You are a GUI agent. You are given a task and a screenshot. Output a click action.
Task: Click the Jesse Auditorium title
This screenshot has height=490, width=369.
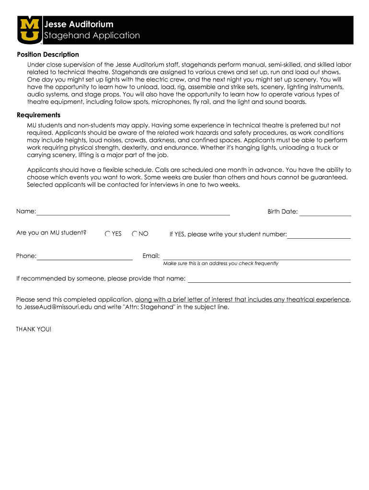79,24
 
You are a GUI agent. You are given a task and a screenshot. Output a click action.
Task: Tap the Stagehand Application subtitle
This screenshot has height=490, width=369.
92,35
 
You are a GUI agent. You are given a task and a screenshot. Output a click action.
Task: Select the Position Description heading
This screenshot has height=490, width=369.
48,55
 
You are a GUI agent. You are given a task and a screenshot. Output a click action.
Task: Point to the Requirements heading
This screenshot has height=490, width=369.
38,115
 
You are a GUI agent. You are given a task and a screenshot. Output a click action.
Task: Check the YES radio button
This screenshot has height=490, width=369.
108,234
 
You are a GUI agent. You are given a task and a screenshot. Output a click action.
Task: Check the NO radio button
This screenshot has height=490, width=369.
135,234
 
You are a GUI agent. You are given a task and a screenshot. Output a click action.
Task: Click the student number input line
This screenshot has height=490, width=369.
319,236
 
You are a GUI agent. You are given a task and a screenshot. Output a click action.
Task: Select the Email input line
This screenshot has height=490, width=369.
256,257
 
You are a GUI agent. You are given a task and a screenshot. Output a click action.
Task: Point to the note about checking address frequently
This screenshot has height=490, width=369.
220,264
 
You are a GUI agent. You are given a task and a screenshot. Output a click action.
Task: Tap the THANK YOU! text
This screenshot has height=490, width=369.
34,329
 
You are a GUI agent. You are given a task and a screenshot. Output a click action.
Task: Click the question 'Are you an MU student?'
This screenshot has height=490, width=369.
51,233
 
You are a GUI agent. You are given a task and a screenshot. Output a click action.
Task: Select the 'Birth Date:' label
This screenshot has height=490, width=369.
282,212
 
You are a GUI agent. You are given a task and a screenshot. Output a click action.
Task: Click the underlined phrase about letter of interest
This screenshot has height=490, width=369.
242,300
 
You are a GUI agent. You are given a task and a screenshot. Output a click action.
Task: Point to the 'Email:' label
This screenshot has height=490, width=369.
151,256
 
